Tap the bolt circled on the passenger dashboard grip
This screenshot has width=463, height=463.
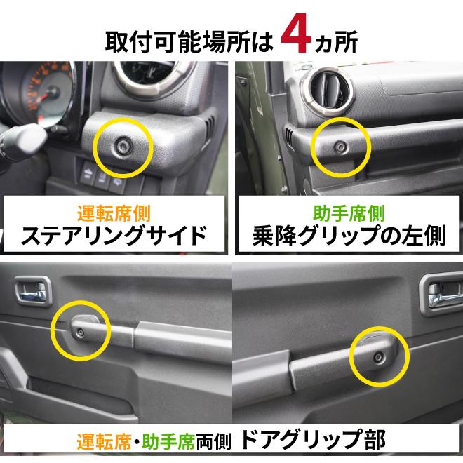click(339, 147)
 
